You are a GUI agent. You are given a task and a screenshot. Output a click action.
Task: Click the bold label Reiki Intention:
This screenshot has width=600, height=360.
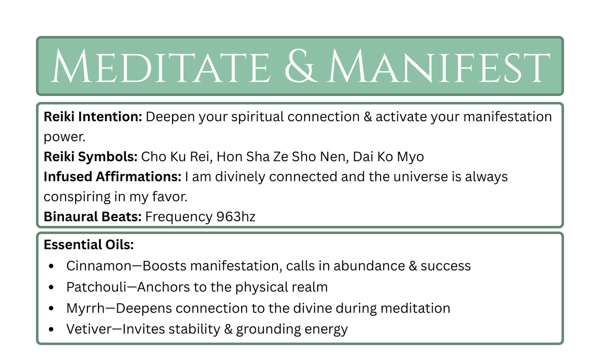click(93, 117)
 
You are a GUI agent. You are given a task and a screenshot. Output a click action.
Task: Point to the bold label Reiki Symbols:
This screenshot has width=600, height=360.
click(91, 157)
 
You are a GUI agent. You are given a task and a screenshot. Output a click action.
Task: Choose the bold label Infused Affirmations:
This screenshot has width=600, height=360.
click(113, 177)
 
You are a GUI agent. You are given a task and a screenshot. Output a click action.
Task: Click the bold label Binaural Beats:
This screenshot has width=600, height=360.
click(93, 217)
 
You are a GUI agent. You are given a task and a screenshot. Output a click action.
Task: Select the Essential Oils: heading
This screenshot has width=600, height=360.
click(89, 245)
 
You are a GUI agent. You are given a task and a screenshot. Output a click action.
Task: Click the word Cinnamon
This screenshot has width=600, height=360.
click(99, 266)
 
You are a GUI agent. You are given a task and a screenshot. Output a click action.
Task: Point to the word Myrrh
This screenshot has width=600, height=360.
click(86, 309)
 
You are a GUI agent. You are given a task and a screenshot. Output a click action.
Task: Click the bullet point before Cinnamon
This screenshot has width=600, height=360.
click(51, 266)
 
